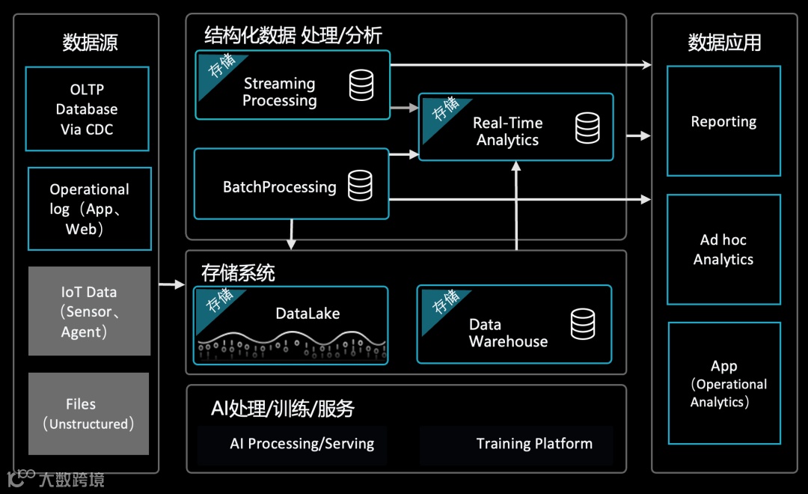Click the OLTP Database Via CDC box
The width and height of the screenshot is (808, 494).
click(87, 109)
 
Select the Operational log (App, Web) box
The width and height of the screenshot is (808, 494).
click(89, 209)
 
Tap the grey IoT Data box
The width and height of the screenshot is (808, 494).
click(89, 311)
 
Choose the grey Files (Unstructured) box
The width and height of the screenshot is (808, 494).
click(88, 413)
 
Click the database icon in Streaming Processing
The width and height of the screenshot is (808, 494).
click(361, 85)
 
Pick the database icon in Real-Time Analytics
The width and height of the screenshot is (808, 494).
click(587, 128)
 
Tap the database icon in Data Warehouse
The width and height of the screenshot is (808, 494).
click(583, 324)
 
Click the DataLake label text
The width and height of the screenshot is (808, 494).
click(307, 314)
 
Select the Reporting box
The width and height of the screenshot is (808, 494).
click(723, 121)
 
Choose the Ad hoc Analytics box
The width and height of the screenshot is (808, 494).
click(723, 249)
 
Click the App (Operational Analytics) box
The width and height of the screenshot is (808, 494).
click(723, 383)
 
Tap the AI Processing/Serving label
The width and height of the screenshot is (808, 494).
click(302, 444)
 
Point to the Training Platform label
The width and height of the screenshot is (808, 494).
click(534, 444)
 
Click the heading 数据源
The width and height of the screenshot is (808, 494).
click(90, 43)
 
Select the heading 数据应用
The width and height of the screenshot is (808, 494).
click(724, 43)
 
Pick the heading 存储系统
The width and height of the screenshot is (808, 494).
click(238, 272)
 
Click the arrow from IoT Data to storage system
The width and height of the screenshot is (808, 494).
click(171, 284)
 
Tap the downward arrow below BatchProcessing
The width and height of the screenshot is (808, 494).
click(292, 234)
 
